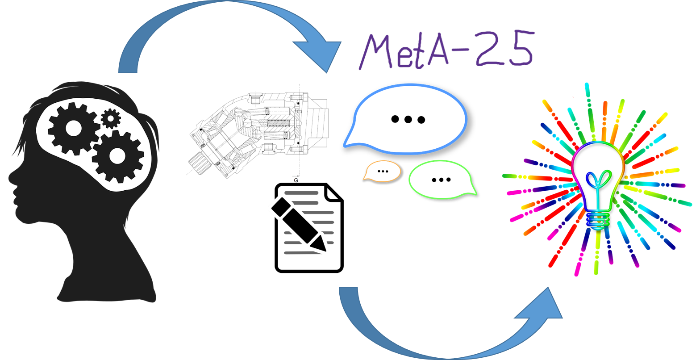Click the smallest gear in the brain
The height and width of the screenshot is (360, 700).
click(x=111, y=118)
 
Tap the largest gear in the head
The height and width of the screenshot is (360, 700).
click(x=117, y=156)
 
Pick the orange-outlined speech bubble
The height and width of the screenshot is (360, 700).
click(x=382, y=171)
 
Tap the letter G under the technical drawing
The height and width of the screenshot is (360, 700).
click(x=296, y=180)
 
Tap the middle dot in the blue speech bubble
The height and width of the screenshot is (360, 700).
click(x=408, y=119)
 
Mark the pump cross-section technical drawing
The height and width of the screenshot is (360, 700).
click(x=260, y=134)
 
